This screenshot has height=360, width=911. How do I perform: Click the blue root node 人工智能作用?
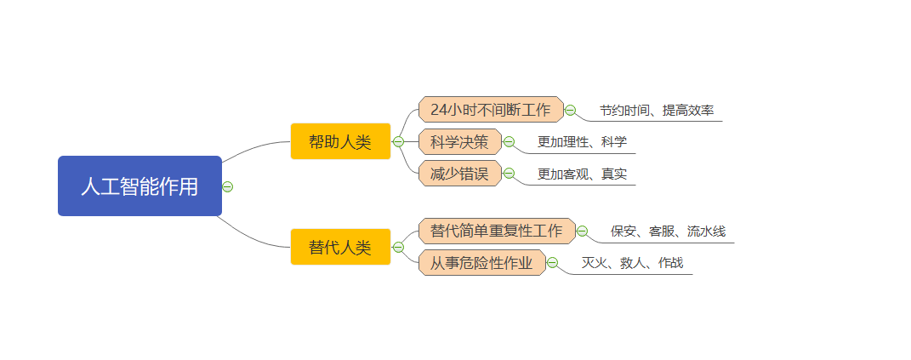click(x=139, y=186)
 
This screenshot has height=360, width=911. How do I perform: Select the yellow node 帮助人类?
click(x=340, y=141)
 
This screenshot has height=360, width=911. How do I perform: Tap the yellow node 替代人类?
click(x=340, y=247)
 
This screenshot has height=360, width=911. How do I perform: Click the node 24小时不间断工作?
click(x=491, y=109)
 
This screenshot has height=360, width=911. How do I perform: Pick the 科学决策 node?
click(x=460, y=141)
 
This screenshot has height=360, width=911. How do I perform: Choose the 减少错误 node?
click(x=460, y=174)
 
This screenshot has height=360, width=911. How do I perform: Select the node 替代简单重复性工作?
click(x=497, y=231)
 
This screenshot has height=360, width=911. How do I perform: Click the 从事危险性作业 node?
click(x=481, y=263)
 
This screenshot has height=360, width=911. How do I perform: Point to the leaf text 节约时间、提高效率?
click(x=657, y=110)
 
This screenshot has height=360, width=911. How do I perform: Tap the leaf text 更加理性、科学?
click(x=582, y=142)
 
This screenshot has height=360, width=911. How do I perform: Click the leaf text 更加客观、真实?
click(x=582, y=174)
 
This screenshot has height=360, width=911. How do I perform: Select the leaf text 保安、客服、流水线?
click(x=668, y=231)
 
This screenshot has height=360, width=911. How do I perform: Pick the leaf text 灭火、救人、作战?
click(x=633, y=263)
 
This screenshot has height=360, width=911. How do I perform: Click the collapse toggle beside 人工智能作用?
click(x=228, y=186)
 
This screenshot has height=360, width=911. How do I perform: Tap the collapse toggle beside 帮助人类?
click(x=398, y=141)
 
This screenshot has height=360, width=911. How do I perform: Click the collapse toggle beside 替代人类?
click(x=398, y=247)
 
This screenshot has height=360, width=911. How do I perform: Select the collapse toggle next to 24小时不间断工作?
click(x=571, y=110)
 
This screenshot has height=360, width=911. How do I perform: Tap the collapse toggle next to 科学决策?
click(x=509, y=142)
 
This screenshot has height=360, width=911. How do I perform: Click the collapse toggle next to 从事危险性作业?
click(x=553, y=263)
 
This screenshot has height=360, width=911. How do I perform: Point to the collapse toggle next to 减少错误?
click(x=509, y=174)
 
